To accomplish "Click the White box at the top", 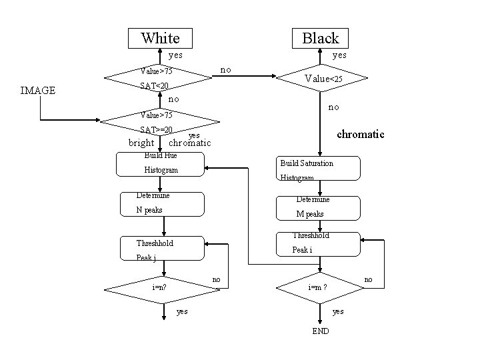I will [x=161, y=38].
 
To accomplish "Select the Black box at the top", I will [x=321, y=38].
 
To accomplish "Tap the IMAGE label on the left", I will [x=38, y=91].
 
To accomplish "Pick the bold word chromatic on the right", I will [x=360, y=134].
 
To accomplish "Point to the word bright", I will [x=141, y=143].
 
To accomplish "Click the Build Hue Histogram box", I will [x=160, y=165].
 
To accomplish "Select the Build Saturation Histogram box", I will [x=319, y=169].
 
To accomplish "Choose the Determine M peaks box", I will [x=319, y=206].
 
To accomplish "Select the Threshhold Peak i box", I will [x=319, y=244].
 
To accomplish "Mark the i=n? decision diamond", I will [x=161, y=288].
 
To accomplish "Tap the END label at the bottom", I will [x=320, y=331].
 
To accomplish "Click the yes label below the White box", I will [x=175, y=56].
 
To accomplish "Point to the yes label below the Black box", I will [x=339, y=56].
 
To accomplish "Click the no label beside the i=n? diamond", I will [x=216, y=279].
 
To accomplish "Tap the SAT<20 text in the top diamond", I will [x=154, y=86].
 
